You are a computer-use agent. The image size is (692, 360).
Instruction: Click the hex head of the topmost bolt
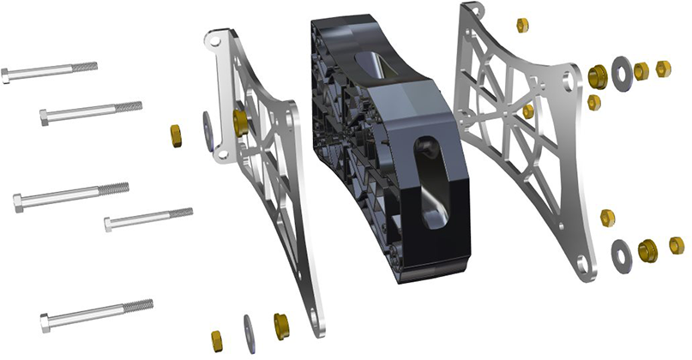(6, 76)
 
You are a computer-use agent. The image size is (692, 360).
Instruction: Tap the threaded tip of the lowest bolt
(141, 305)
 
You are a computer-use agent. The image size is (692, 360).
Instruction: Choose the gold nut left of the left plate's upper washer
(175, 135)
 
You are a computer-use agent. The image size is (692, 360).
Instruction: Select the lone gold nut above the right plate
(522, 25)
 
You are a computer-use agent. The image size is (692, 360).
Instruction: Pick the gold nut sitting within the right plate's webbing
(528, 111)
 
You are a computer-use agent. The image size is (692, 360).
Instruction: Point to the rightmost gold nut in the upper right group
(663, 69)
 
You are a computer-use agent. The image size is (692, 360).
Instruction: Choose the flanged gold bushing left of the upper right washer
(599, 76)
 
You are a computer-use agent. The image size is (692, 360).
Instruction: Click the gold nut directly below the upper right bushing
(594, 102)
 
